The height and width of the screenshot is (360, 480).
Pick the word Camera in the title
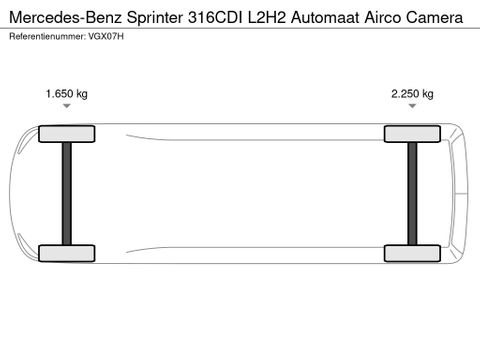point(444,18)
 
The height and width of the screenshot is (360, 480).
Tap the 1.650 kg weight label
point(67,94)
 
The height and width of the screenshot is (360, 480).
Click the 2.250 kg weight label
point(412,94)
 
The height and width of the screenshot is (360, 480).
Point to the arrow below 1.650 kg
point(67,112)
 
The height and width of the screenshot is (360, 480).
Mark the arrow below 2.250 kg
point(412,112)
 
